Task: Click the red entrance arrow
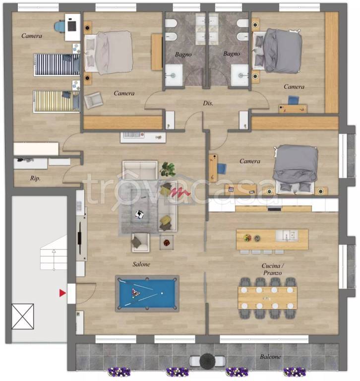coord(62,293)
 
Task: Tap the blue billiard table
coord(147,294)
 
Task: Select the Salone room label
coord(141,264)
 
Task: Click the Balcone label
coord(270,357)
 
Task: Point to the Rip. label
coord(35,179)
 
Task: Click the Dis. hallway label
coord(208,103)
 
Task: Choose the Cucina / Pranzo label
coord(273,269)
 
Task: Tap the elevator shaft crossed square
coord(23,317)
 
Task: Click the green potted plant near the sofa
coord(168,169)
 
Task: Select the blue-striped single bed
coord(57,64)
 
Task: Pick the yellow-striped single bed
coord(57,101)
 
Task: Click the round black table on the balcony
coord(207,361)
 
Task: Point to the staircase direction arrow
coord(54,259)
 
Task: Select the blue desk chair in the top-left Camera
coord(60,26)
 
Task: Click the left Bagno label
coord(183,55)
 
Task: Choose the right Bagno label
coord(232,54)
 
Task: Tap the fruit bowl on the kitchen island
coord(247,238)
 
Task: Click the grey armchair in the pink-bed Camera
coord(94,100)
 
